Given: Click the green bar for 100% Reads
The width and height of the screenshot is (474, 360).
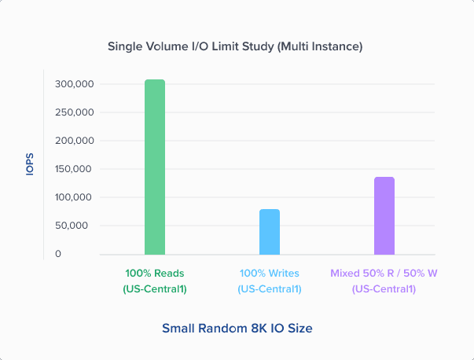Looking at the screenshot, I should (155, 167).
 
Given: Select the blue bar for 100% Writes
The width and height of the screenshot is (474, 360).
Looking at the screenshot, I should (270, 231).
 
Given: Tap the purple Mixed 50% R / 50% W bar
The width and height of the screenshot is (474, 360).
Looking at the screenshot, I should (384, 215).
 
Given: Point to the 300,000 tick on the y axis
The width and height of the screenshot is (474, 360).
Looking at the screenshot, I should (75, 84).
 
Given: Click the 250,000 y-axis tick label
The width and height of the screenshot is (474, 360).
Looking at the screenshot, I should (75, 112).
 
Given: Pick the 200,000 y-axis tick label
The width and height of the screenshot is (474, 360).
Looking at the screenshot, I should (75, 141).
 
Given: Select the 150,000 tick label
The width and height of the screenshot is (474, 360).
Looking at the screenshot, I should (75, 169).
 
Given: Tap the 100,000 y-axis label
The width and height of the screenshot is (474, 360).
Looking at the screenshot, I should (75, 197).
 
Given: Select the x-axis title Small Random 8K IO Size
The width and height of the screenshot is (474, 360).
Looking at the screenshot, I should (237, 328).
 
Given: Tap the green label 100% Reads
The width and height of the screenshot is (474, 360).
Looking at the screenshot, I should (155, 274).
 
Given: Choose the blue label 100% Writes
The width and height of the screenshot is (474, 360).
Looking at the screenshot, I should (270, 274).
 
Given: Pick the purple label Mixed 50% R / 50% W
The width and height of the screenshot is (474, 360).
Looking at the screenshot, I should (384, 274).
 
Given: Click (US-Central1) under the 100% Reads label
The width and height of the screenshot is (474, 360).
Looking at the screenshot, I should (155, 289).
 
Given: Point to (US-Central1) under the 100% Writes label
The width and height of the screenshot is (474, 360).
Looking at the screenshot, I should (270, 289).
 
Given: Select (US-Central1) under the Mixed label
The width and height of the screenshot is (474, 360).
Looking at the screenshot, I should (384, 289).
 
